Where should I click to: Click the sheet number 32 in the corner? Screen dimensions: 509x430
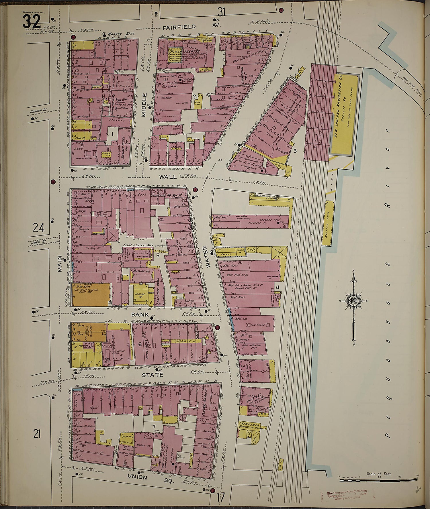32,21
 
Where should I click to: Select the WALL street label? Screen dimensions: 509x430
168,177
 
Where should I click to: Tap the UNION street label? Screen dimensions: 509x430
137,477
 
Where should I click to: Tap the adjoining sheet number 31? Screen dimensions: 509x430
221,12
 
